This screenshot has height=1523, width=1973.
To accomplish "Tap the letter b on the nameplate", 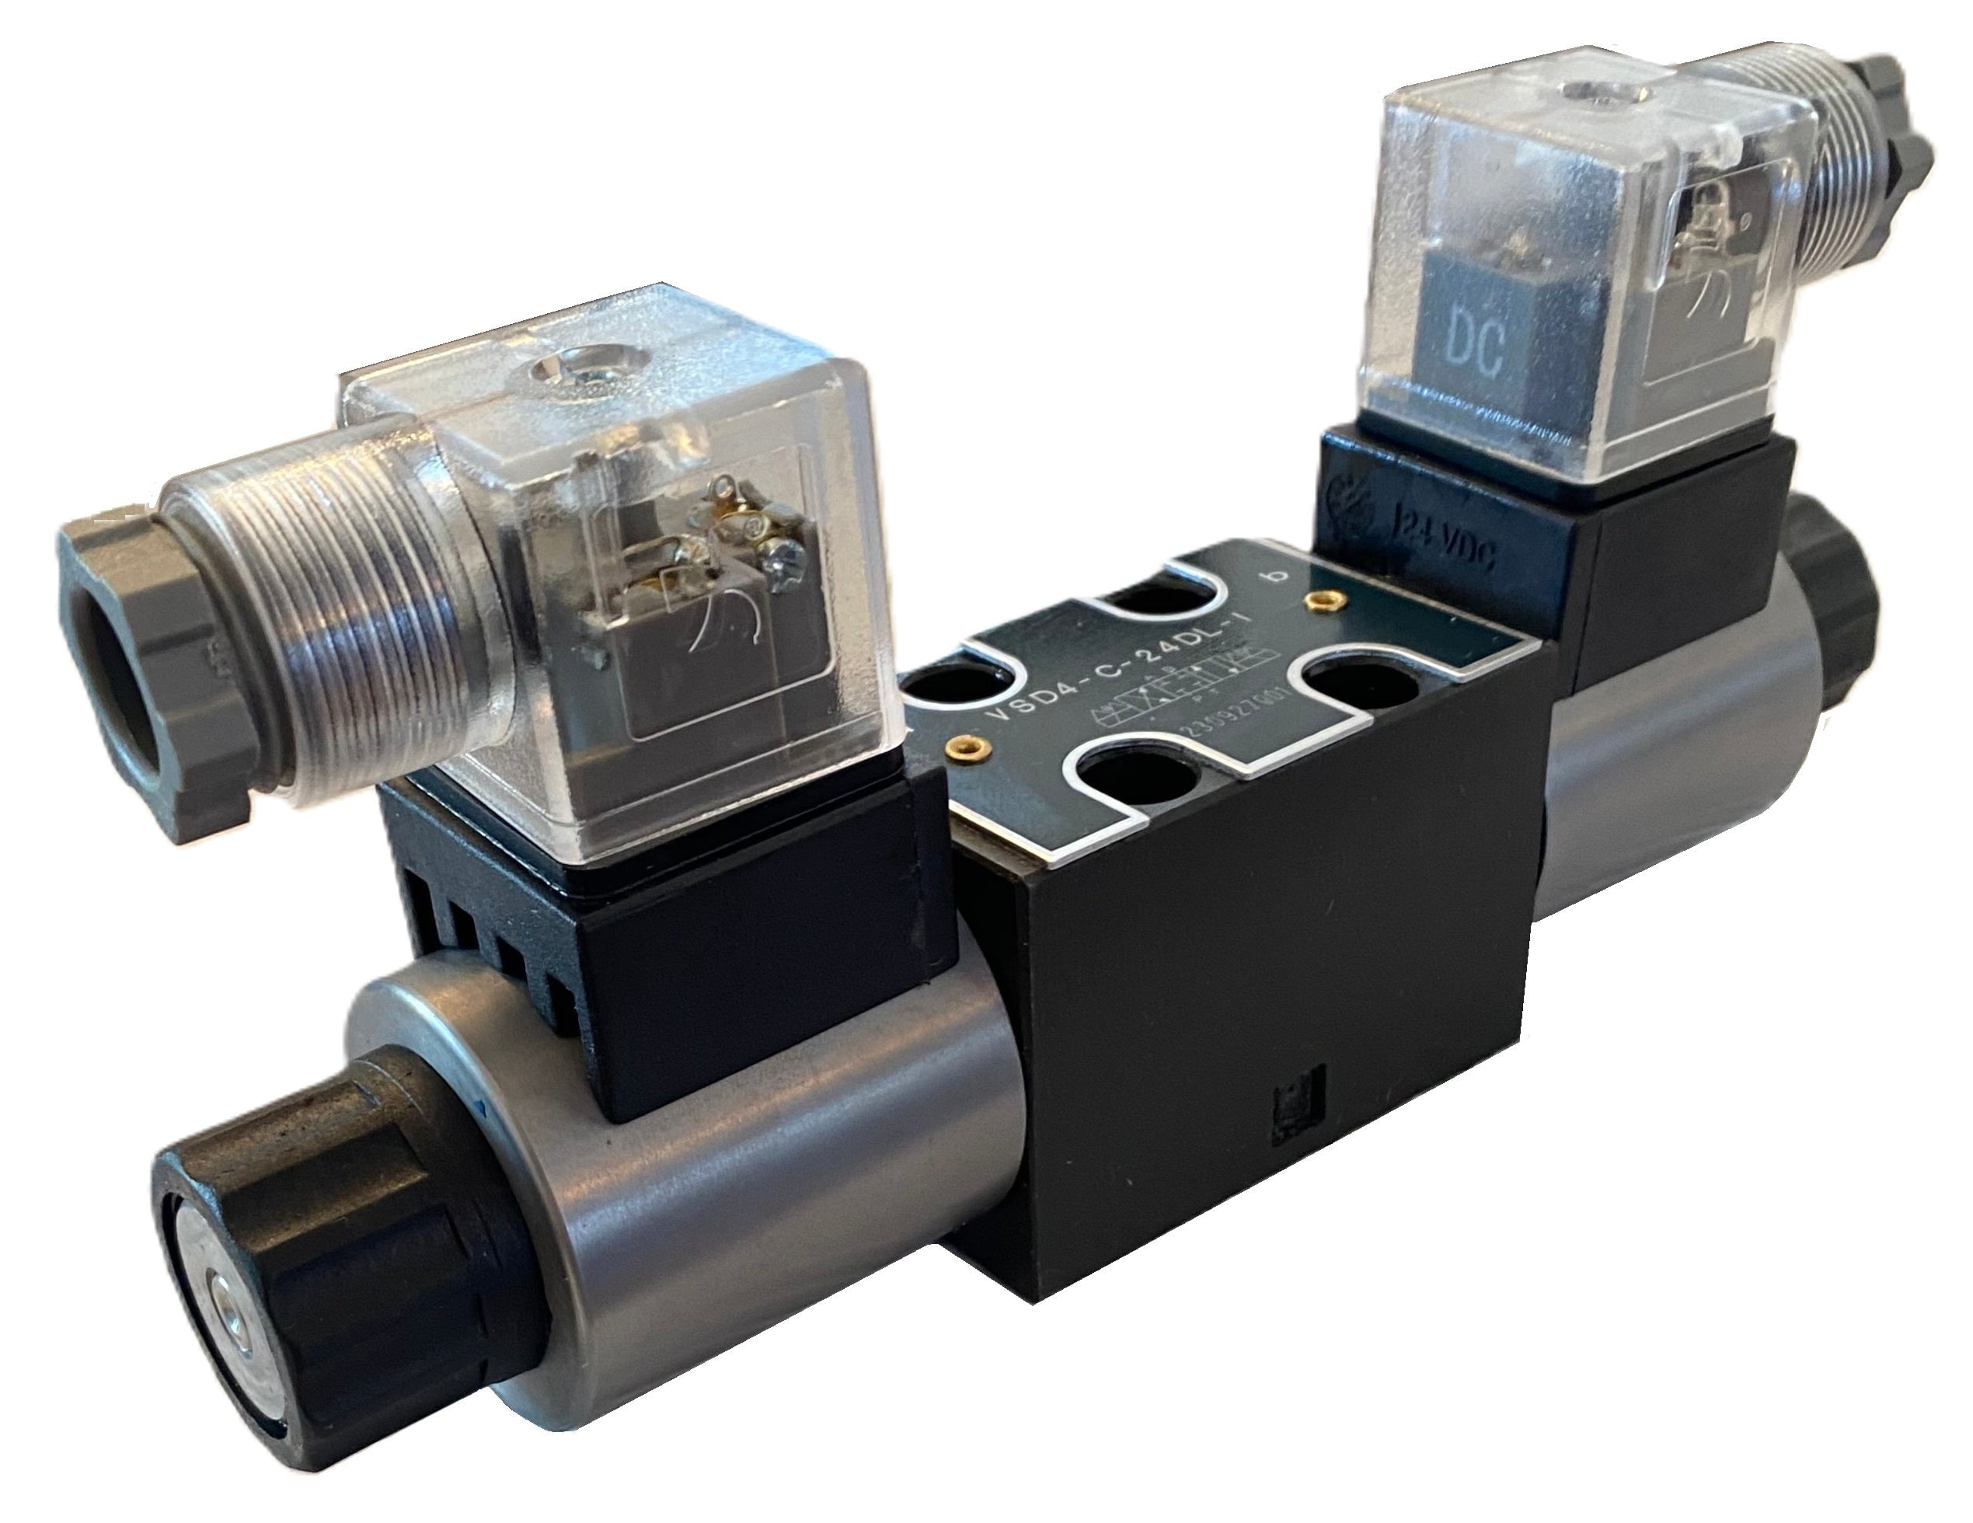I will [1277, 578].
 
